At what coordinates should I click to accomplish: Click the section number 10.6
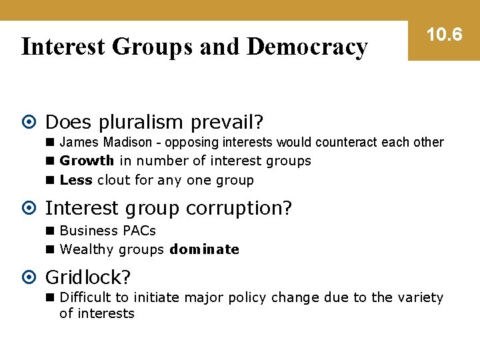(444, 34)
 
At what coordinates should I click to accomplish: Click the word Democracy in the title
(307, 47)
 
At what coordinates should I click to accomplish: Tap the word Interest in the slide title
(63, 47)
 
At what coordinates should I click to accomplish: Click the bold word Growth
(87, 161)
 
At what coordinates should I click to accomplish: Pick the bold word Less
(76, 180)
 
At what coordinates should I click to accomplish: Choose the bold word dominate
(205, 249)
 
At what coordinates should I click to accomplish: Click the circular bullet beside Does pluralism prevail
(31, 123)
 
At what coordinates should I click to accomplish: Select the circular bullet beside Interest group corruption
(31, 209)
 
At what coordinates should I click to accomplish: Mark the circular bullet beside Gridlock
(31, 277)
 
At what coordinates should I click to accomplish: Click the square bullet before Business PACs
(51, 231)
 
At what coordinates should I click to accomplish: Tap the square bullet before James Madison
(51, 142)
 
